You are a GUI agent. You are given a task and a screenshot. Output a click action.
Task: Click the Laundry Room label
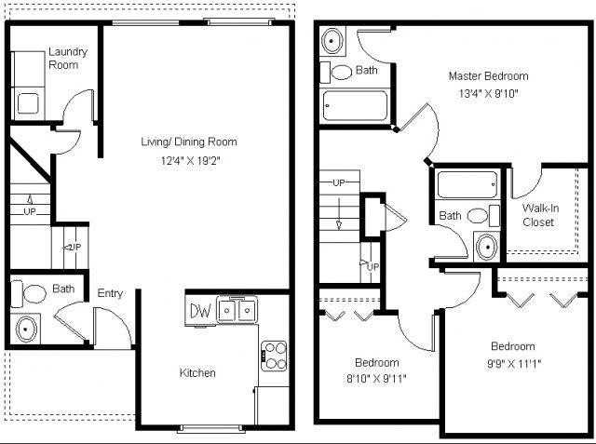click(67, 58)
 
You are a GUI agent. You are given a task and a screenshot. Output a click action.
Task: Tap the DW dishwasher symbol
click(200, 310)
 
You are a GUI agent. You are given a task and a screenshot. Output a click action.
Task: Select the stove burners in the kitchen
click(274, 354)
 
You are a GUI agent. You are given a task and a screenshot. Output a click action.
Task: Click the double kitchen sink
click(237, 309)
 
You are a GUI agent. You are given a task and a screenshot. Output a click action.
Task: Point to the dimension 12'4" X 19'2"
click(188, 160)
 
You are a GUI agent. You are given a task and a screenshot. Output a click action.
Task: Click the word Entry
click(110, 293)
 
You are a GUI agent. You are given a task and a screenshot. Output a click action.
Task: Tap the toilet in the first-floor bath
click(34, 294)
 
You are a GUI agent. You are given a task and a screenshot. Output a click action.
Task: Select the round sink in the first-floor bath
click(26, 329)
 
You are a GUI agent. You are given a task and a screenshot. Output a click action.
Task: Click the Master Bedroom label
click(488, 76)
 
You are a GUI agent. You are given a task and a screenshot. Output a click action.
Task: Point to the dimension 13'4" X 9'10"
click(488, 93)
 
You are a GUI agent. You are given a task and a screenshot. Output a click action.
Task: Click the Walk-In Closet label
click(539, 215)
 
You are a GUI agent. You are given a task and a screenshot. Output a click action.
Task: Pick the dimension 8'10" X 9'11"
click(377, 378)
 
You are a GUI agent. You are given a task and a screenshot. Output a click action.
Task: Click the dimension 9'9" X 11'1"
click(513, 363)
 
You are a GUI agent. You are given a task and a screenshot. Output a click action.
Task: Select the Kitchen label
click(197, 373)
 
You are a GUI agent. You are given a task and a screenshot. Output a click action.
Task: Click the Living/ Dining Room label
click(188, 142)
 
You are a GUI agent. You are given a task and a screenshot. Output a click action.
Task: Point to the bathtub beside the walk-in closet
click(468, 184)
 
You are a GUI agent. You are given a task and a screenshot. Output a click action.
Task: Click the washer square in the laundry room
click(26, 103)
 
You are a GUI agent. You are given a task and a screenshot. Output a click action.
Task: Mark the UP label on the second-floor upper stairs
click(339, 182)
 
